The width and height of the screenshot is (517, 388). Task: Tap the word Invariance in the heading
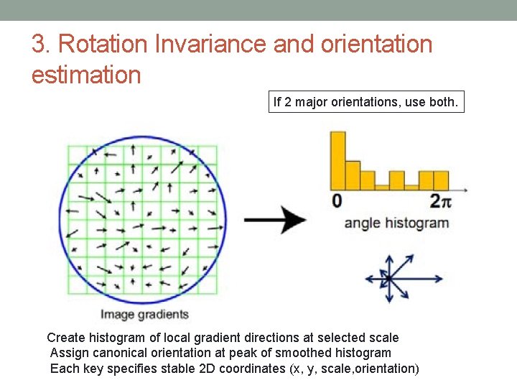[x=210, y=45]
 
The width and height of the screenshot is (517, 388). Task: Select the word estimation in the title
[x=86, y=75]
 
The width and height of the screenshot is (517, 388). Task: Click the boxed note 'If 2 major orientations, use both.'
[x=365, y=102]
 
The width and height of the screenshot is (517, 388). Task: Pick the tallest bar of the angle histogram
[x=337, y=160]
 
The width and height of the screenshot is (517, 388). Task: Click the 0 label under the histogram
[x=337, y=200]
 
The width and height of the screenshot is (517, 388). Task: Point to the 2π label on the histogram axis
[x=440, y=200]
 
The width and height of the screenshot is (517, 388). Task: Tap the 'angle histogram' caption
[x=396, y=223]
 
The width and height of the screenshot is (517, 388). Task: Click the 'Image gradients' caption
[x=144, y=314]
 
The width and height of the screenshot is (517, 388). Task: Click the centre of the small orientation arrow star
[x=388, y=278]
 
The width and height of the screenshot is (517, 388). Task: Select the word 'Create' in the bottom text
[x=65, y=338]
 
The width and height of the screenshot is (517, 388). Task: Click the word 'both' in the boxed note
[x=442, y=102]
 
